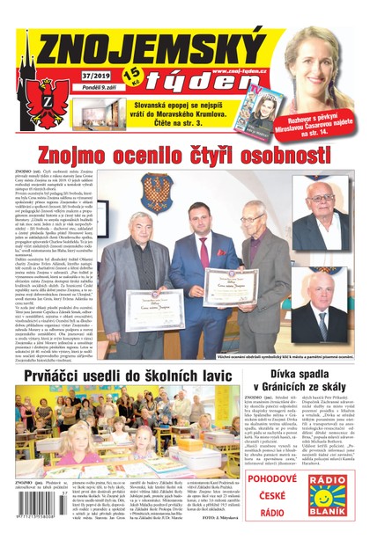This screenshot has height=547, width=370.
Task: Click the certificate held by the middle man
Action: click(x=231, y=285)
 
